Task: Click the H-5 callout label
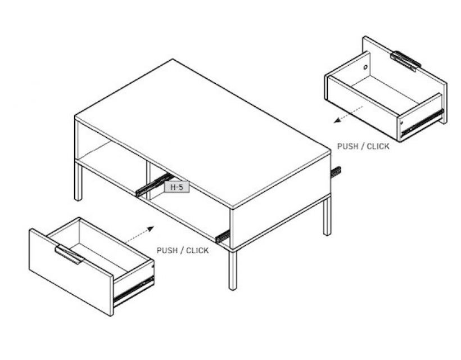177,187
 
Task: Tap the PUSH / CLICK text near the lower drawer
183,250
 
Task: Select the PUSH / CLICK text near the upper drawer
363,146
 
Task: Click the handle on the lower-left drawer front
69,254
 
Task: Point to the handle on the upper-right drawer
406,61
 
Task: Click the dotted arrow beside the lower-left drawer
139,235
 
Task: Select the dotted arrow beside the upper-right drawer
348,114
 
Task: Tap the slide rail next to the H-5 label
153,184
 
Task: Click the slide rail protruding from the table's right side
336,172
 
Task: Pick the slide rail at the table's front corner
223,237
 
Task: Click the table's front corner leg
233,271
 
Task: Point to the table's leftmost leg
78,181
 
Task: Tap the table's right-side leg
327,216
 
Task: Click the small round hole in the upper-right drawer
365,67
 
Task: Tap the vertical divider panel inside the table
148,180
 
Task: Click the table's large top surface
203,133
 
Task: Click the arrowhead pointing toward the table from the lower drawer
150,228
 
